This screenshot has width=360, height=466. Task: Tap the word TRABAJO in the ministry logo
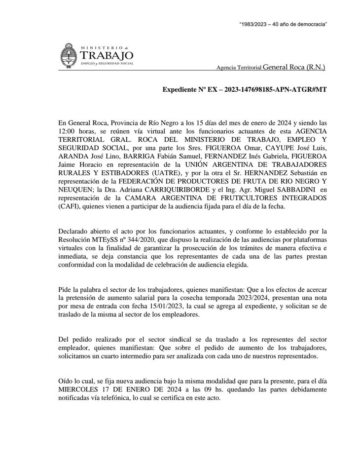tap(107, 55)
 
